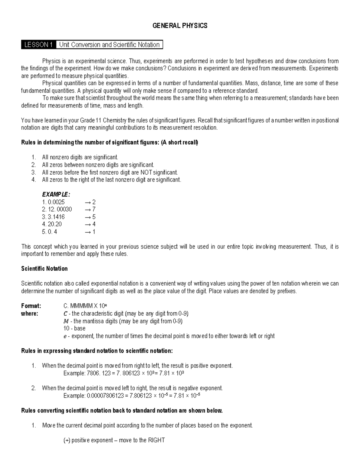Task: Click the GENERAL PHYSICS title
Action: click(x=180, y=26)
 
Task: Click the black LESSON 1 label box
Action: click(x=38, y=45)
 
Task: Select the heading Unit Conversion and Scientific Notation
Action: click(x=109, y=45)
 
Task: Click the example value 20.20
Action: click(x=55, y=224)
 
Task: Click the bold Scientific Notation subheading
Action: click(x=44, y=269)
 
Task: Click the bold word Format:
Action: click(x=31, y=306)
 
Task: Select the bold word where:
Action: click(x=29, y=314)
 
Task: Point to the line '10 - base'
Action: click(x=74, y=328)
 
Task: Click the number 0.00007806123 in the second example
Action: click(x=105, y=396)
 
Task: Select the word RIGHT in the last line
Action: click(x=156, y=440)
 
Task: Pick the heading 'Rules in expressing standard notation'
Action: click(x=97, y=351)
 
